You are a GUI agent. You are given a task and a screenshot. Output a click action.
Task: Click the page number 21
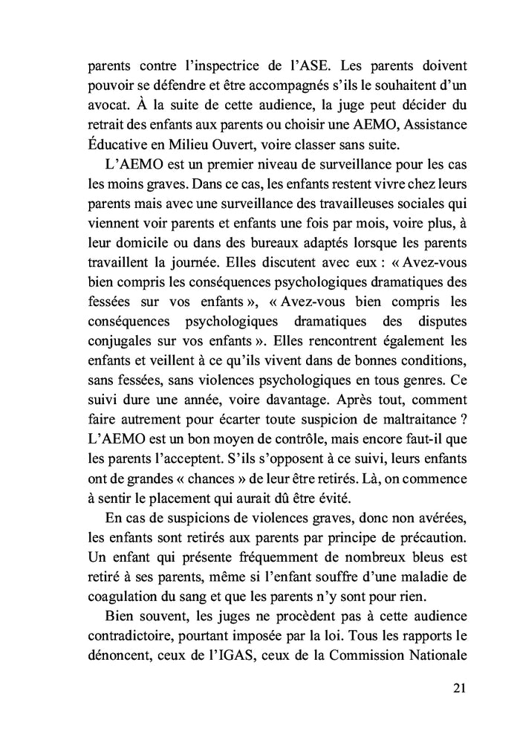coord(458,688)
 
